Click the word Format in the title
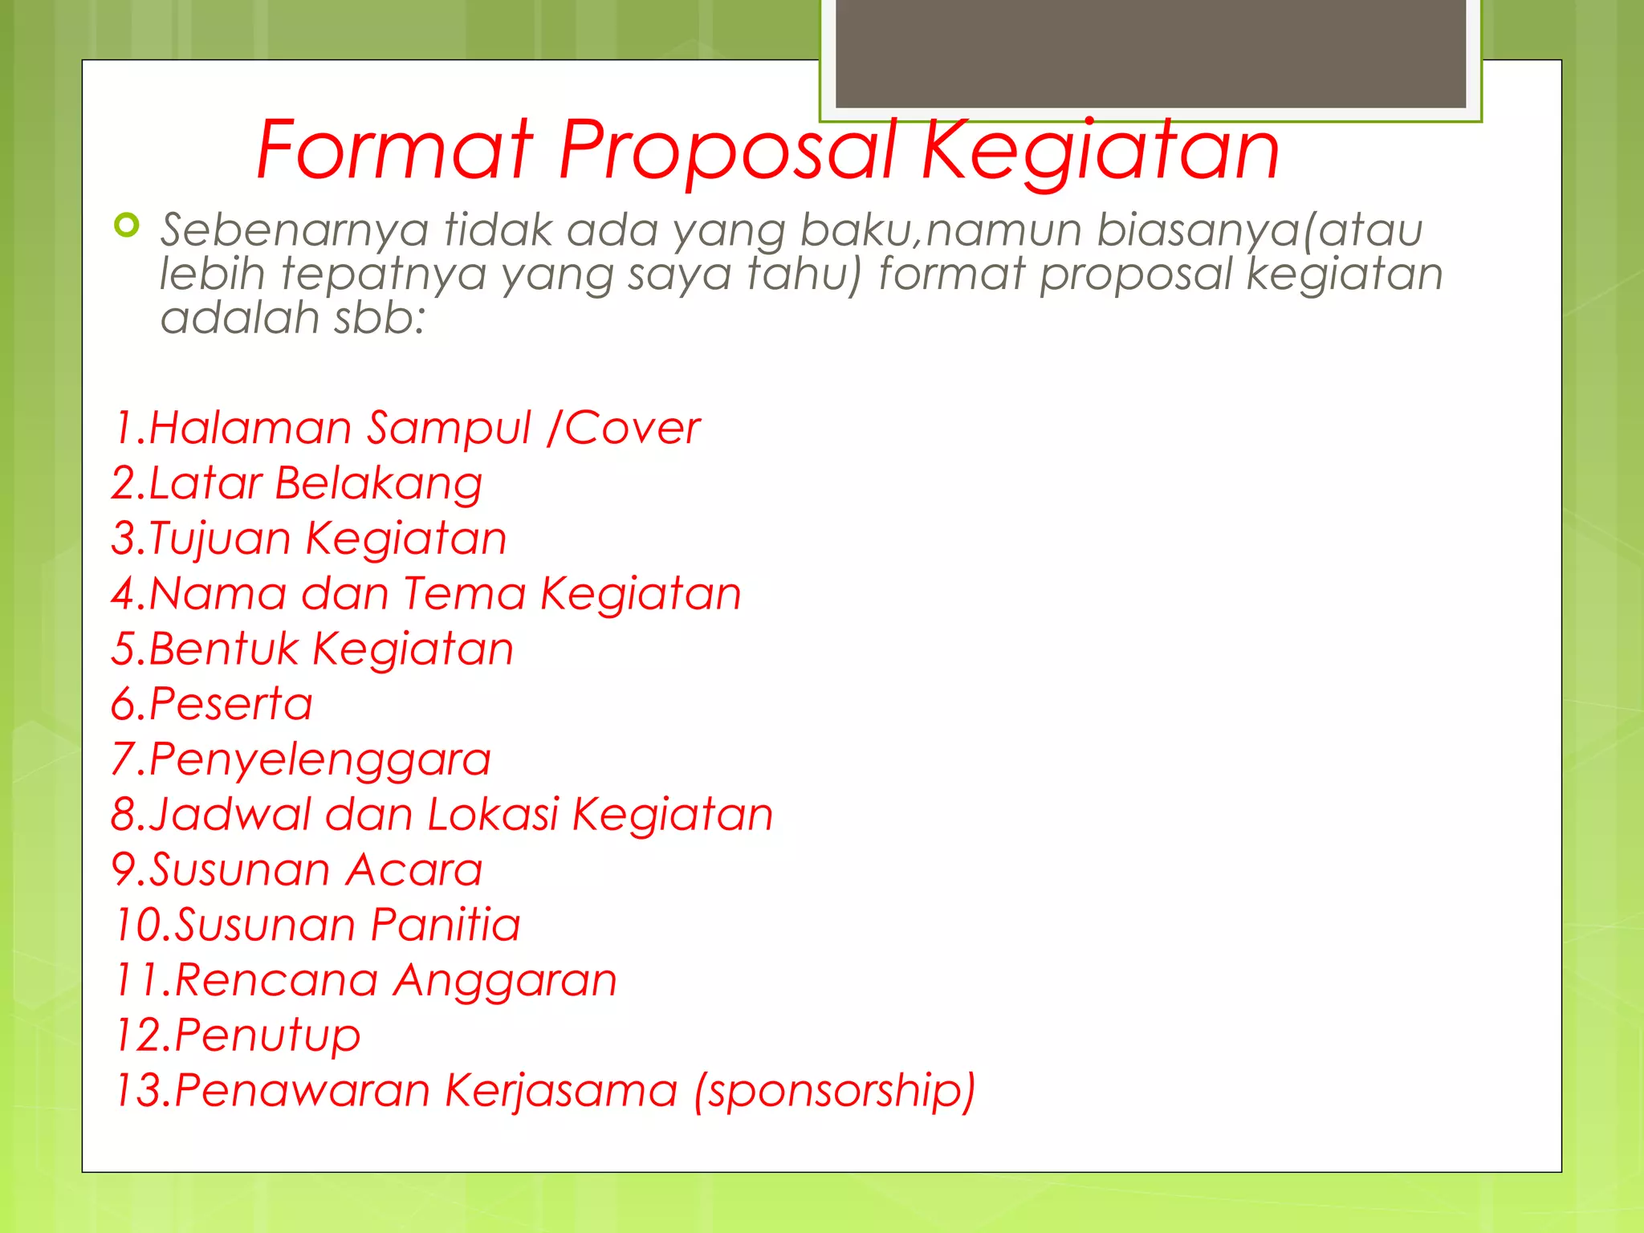coord(394,149)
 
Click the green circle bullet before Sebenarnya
coord(127,226)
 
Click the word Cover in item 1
coord(633,428)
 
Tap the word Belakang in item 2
coord(378,484)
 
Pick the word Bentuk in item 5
coord(223,649)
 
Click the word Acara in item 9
coord(414,870)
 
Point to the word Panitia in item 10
coord(446,925)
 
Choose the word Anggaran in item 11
coord(505,981)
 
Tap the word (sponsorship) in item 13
coord(835,1091)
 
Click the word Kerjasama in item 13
coord(561,1091)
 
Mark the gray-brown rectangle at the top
coord(1150,53)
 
